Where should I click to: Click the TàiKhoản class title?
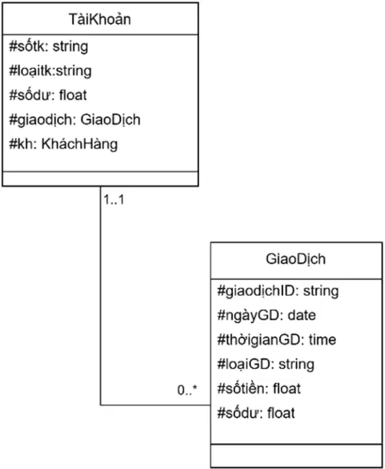(x=99, y=19)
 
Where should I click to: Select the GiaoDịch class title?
(x=296, y=259)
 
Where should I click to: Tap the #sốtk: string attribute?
(x=49, y=47)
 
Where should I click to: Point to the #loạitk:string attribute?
(x=50, y=71)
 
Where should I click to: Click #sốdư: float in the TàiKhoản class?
(x=48, y=95)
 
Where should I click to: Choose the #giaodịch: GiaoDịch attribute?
(x=75, y=120)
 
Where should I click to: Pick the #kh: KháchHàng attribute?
(x=63, y=144)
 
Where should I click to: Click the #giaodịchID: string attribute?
(x=278, y=292)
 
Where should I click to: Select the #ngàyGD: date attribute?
(x=266, y=315)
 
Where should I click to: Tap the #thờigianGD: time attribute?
(x=277, y=340)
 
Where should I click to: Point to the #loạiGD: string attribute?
(x=266, y=364)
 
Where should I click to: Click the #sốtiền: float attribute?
(x=259, y=388)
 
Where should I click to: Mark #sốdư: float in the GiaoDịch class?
(x=256, y=413)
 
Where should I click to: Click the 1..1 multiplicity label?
(x=114, y=199)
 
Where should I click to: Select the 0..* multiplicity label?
(x=187, y=390)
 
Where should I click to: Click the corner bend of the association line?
(x=100, y=405)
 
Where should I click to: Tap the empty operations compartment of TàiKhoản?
(x=100, y=179)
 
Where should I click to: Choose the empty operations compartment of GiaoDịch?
(x=296, y=456)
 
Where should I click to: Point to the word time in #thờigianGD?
(x=322, y=340)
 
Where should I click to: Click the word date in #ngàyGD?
(x=301, y=315)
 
